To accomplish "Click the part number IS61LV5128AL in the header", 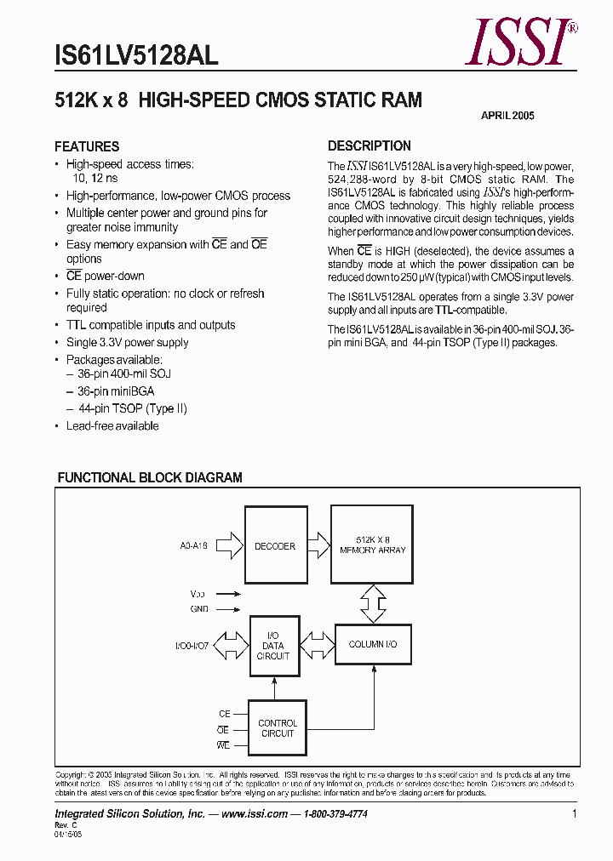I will (x=136, y=55).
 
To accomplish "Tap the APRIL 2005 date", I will (x=508, y=116).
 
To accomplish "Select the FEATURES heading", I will (x=87, y=146).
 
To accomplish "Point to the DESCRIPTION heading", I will (x=370, y=145).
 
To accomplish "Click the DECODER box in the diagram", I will (x=275, y=546).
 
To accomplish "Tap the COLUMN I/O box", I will (x=373, y=645).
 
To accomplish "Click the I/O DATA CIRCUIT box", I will (x=273, y=647).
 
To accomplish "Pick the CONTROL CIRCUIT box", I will (x=278, y=728).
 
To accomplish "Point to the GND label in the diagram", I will (x=199, y=609).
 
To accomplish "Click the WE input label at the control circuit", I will (x=223, y=746).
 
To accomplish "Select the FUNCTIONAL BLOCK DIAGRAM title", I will (x=150, y=478).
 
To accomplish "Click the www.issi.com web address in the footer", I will (x=255, y=814).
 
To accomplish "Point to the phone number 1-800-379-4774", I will (x=335, y=814).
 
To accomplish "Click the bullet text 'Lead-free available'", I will (x=112, y=425).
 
